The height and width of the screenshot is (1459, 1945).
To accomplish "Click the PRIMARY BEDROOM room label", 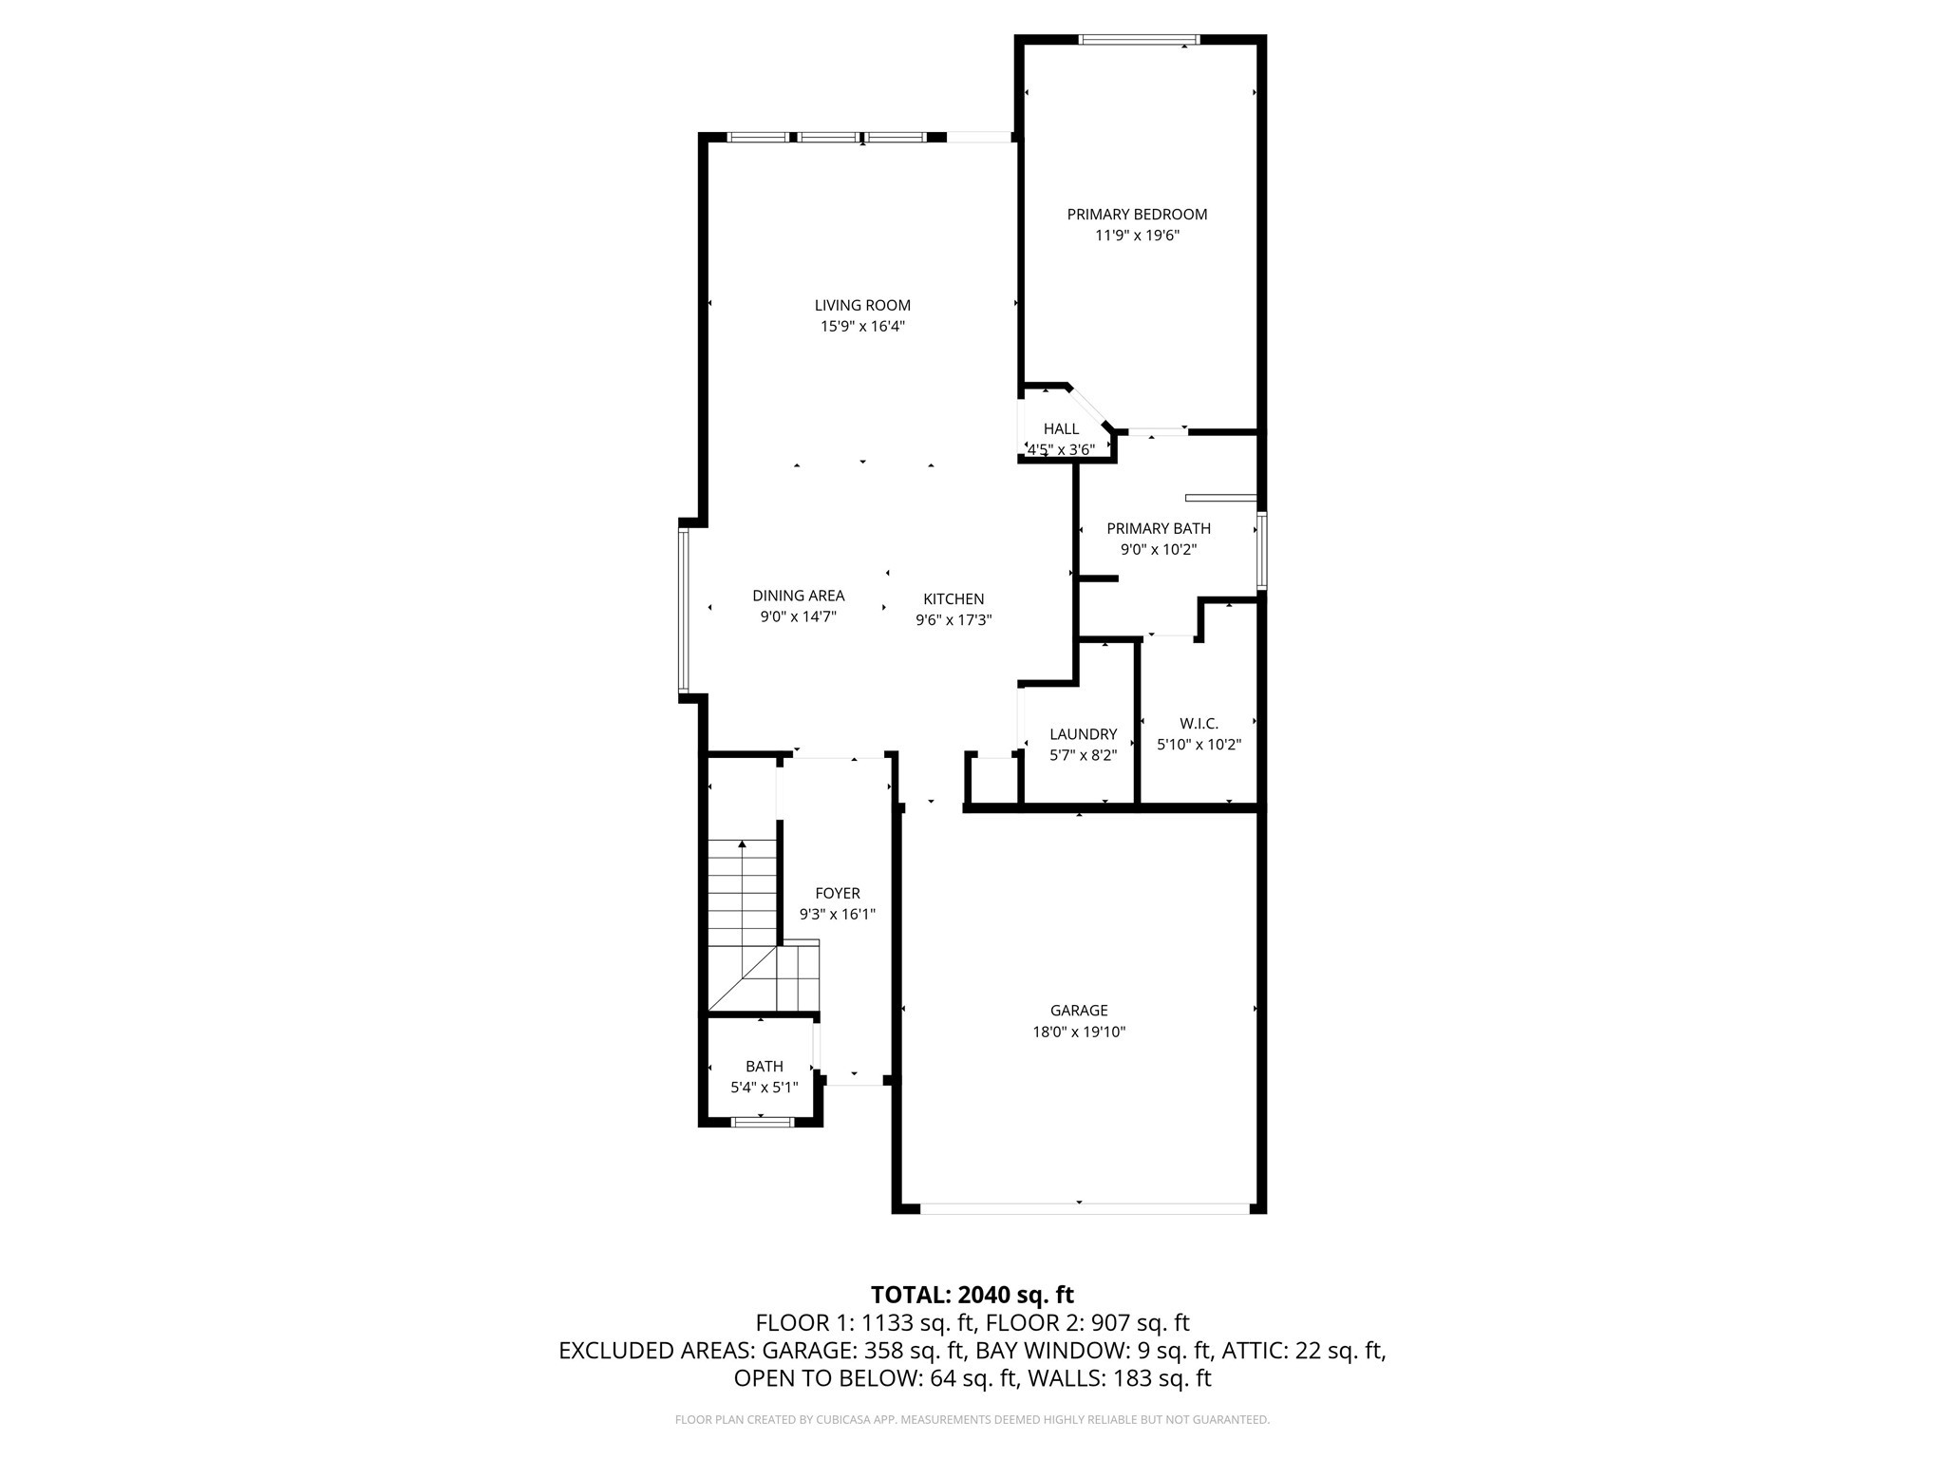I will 1137,215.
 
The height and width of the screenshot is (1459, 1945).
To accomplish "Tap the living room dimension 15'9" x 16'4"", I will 862,327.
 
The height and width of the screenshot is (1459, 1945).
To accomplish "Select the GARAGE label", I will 1079,1011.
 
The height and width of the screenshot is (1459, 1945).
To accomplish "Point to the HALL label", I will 1061,429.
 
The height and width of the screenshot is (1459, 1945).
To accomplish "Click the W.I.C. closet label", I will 1199,724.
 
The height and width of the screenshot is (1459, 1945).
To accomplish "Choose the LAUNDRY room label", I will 1083,734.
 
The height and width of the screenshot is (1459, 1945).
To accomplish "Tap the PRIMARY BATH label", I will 1158,528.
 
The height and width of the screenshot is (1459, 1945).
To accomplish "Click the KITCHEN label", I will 954,599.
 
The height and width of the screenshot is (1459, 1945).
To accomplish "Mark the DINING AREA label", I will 798,596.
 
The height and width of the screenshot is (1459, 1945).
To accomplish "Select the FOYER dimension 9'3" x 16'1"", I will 837,915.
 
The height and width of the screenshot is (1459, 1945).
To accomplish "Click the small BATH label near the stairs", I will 764,1067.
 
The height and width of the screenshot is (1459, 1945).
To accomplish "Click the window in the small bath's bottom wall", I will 763,1122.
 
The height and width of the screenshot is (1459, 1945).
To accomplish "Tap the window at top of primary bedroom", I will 1139,40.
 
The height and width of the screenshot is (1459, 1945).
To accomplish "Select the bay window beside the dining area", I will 683,609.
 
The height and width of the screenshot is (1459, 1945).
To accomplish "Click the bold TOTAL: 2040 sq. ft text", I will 972,1295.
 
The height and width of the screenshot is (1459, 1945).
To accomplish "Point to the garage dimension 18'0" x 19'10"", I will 1079,1032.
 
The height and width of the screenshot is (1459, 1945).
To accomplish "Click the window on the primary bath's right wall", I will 1261,551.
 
